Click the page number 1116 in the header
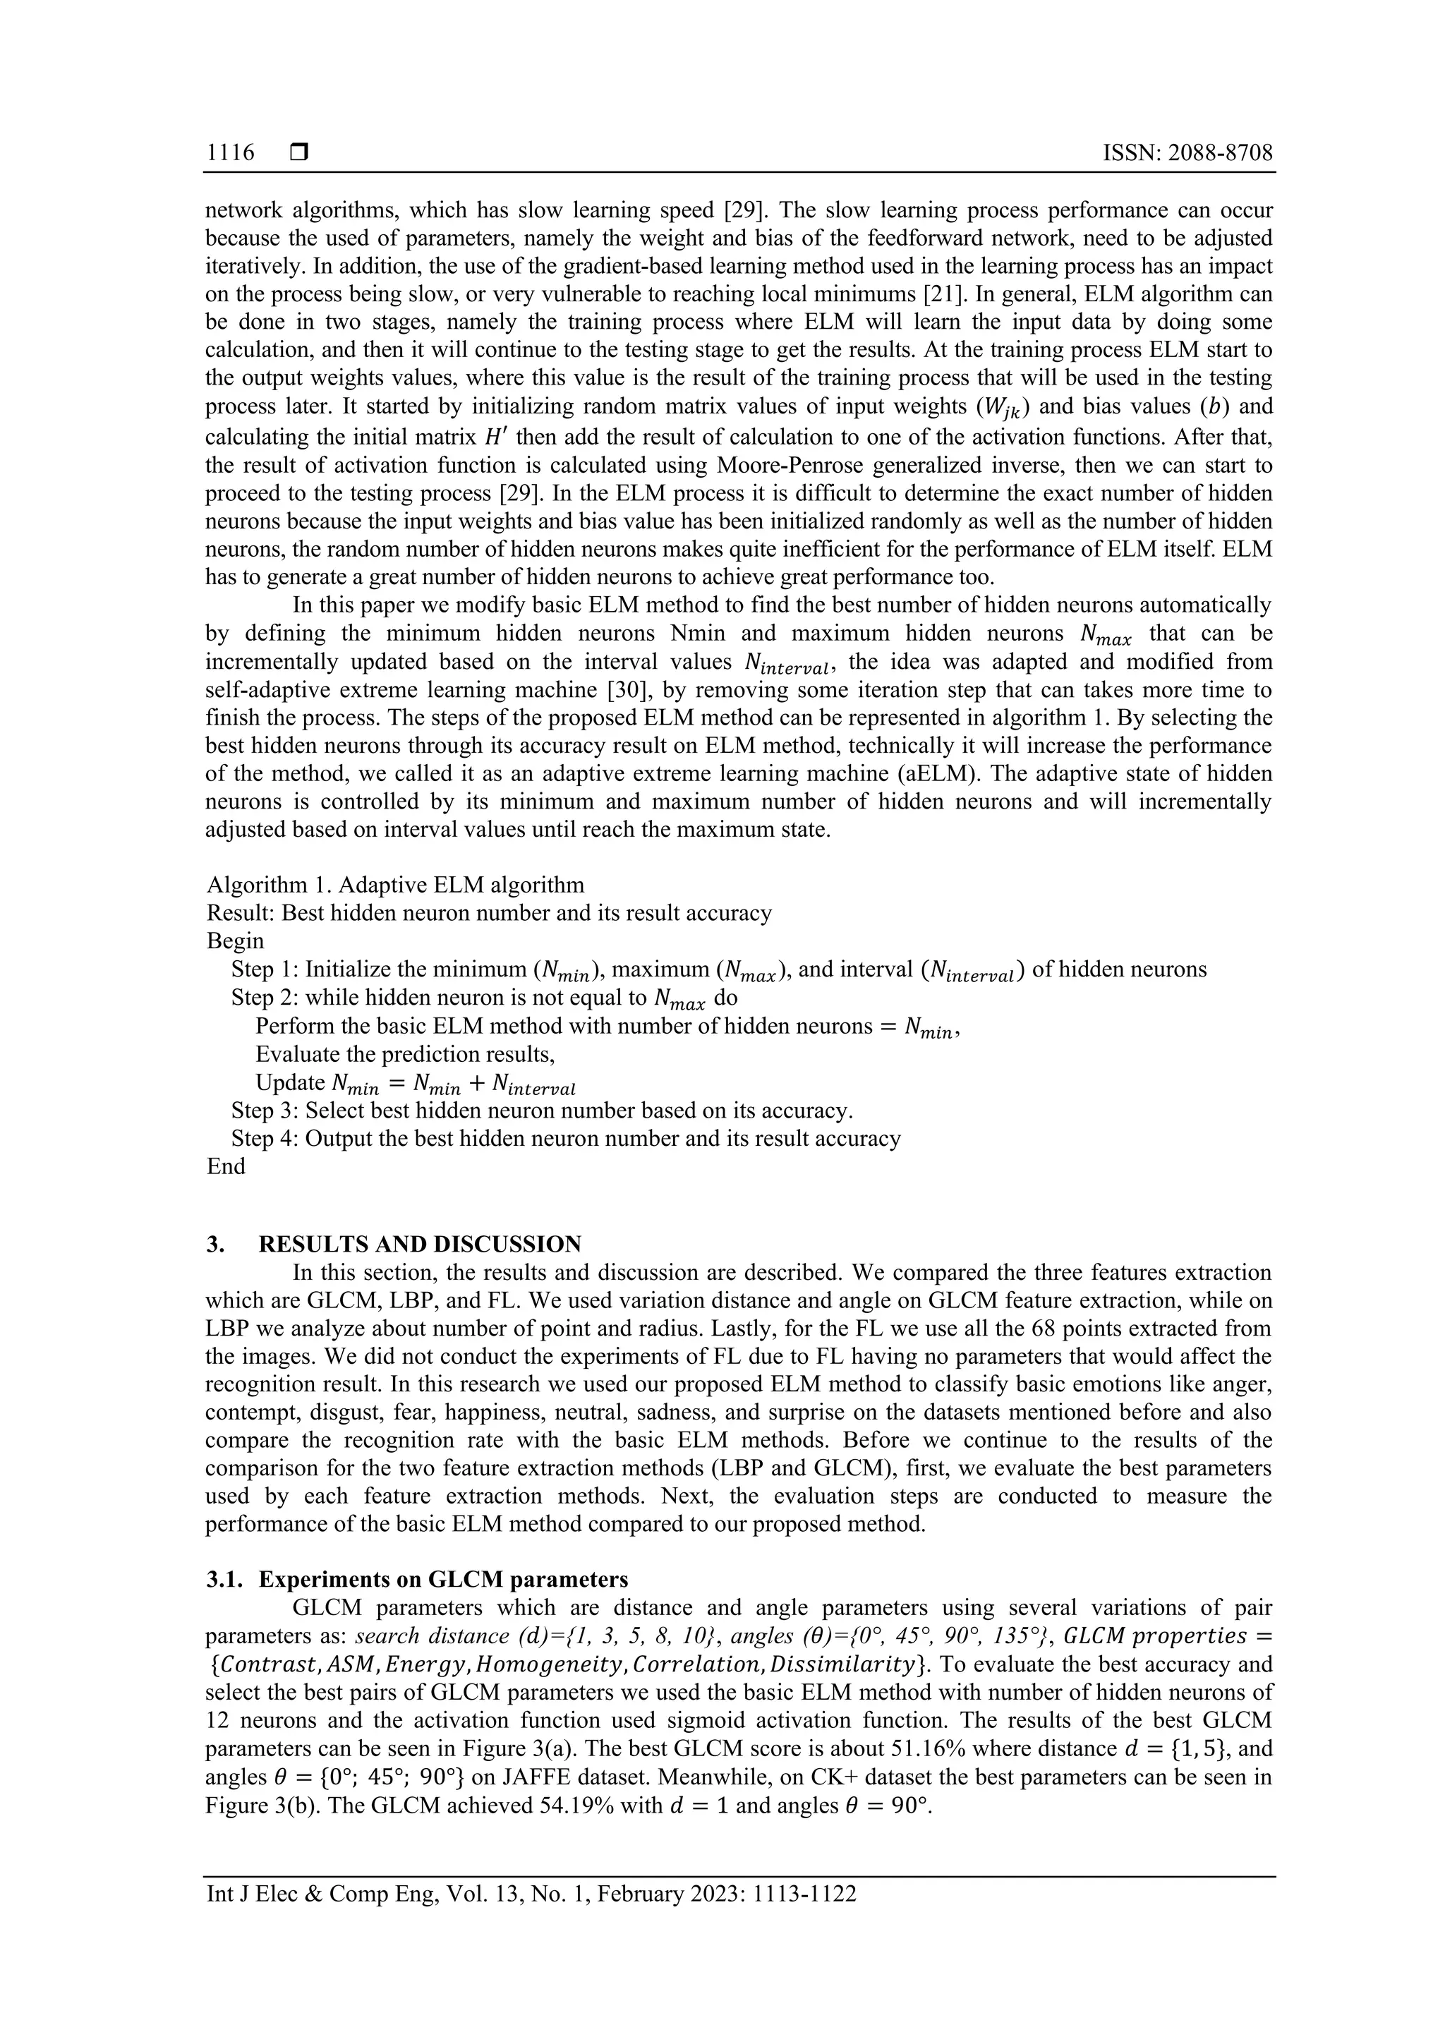pos(230,153)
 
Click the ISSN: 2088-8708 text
pos(1187,153)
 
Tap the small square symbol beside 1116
pos(299,153)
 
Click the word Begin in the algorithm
pos(235,941)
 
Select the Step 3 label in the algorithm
pos(265,1110)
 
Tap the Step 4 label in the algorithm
pos(265,1139)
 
